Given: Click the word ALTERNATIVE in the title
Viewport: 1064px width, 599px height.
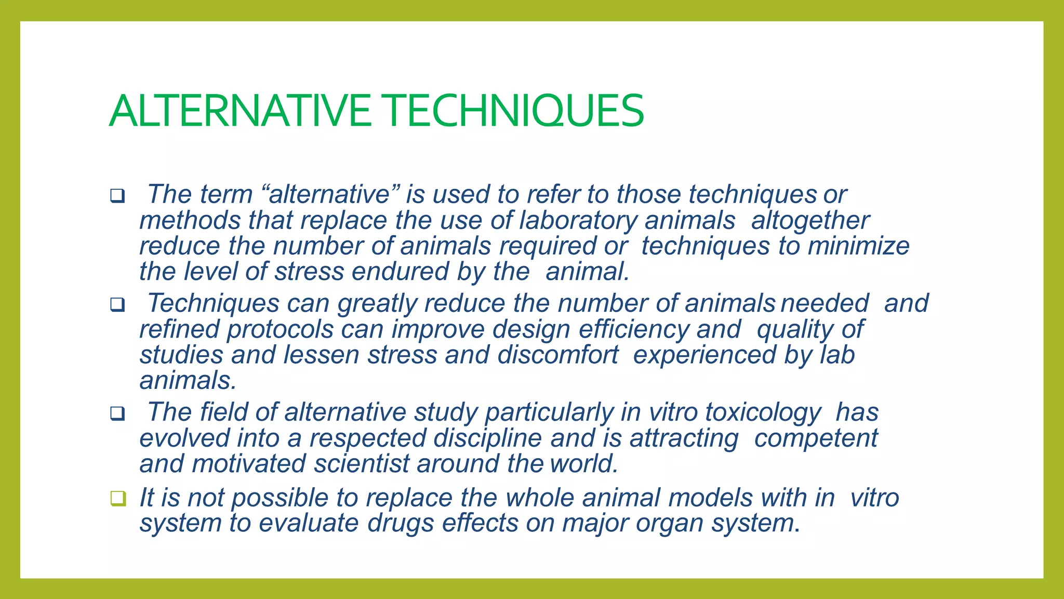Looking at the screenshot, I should click(240, 111).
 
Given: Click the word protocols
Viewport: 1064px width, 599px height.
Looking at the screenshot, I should click(280, 329).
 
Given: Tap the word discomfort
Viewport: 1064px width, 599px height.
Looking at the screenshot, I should click(558, 355).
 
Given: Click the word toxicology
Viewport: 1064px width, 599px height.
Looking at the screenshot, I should click(763, 412).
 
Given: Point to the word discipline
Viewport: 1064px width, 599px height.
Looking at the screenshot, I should click(488, 438).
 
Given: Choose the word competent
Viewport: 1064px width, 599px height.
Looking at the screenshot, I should click(816, 438).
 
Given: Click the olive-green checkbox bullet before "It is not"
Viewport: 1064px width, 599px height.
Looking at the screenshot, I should click(118, 498).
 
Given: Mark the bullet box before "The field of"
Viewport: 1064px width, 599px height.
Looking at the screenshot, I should click(117, 414).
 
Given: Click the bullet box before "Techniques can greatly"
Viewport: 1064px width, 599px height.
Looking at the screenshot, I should click(117, 305).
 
